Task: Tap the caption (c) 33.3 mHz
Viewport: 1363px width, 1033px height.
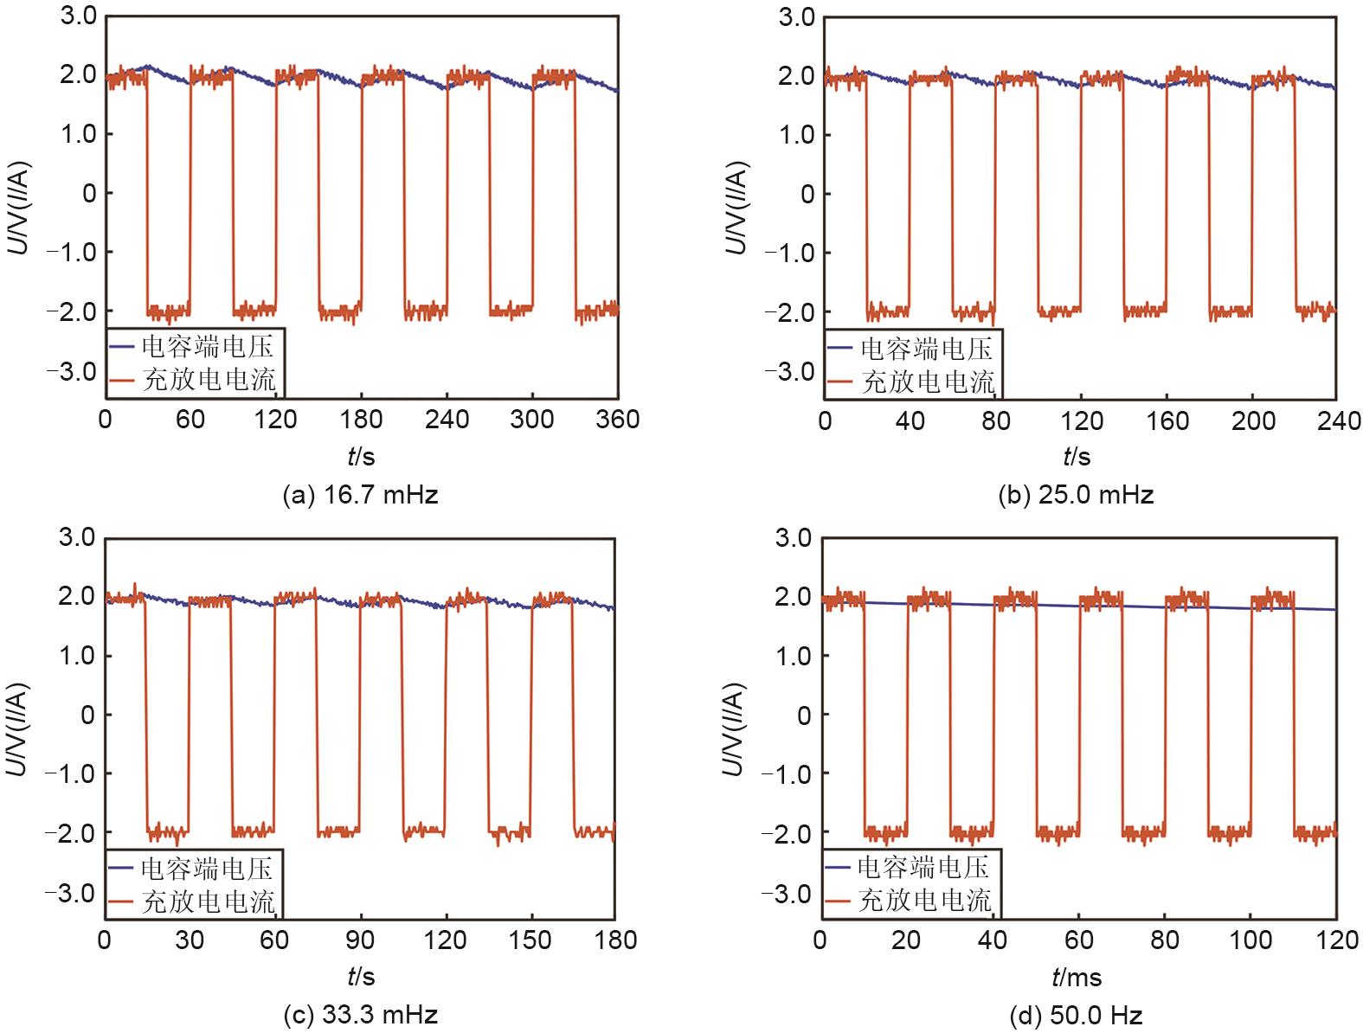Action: [x=360, y=1014]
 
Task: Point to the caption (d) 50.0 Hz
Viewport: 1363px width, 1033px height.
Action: [x=1076, y=1014]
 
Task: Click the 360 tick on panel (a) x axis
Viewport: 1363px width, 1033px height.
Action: [x=616, y=420]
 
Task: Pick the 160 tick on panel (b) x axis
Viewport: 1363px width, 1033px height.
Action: [x=1167, y=420]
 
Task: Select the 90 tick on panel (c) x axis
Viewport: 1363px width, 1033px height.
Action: [x=360, y=940]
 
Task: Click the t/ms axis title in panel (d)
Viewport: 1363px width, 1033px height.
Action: [x=1077, y=978]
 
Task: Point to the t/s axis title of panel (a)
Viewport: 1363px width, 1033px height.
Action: [x=361, y=456]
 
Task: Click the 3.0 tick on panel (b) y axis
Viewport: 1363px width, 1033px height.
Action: [x=796, y=16]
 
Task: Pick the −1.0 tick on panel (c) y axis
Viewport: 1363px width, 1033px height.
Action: [x=73, y=773]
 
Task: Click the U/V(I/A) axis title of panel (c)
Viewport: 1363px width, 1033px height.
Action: [x=19, y=728]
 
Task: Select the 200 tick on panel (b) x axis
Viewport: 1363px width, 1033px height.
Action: [x=1253, y=420]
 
